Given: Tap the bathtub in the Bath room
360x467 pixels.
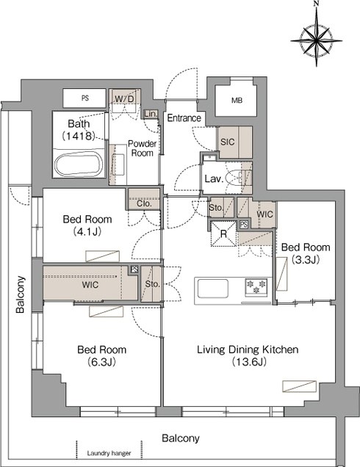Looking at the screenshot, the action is [79, 164].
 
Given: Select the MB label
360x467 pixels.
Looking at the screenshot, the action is [237, 101].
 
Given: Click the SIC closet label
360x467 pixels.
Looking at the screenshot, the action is [227, 142].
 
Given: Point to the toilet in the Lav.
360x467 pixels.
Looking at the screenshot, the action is [238, 178].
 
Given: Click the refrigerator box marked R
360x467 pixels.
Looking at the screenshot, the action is [223, 233].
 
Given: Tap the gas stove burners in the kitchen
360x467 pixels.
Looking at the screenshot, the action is [256, 286].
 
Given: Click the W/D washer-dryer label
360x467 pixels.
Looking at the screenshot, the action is [125, 99].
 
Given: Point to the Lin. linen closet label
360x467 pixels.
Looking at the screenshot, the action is [151, 114].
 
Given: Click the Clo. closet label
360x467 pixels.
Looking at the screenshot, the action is [144, 203].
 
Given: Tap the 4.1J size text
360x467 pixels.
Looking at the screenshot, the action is [87, 232].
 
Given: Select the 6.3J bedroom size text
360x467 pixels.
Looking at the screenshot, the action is [101, 362].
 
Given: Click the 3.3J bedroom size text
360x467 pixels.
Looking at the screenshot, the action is [306, 260].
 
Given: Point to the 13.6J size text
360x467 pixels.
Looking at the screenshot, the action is [249, 362].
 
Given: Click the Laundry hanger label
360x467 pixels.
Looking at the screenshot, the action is [109, 453].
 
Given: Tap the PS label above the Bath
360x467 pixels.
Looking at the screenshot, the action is [85, 98].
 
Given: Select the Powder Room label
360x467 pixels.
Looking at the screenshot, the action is [142, 148].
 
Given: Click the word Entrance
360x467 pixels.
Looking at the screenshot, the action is [184, 118].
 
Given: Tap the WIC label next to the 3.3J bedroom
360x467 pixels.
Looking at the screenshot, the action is [264, 214].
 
